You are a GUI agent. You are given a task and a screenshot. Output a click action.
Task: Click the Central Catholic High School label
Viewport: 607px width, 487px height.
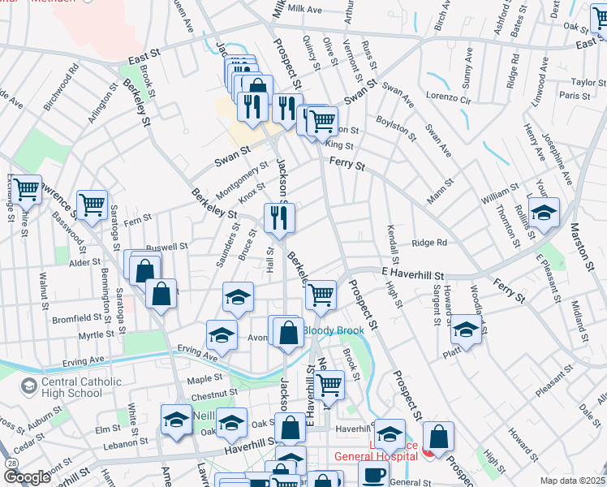(x=73, y=387)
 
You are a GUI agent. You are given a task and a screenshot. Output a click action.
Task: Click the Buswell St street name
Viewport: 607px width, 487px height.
(x=166, y=246)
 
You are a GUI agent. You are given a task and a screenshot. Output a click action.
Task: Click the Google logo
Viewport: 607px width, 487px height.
(x=26, y=477)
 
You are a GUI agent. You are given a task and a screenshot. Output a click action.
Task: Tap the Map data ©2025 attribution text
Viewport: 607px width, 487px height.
(x=572, y=481)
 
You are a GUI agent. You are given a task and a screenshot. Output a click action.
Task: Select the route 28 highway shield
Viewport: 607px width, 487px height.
(x=10, y=462)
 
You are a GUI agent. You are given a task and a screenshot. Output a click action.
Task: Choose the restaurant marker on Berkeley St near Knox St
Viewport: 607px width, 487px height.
(x=279, y=218)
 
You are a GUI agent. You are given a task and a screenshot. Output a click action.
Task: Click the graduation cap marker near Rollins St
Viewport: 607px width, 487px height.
(x=544, y=213)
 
